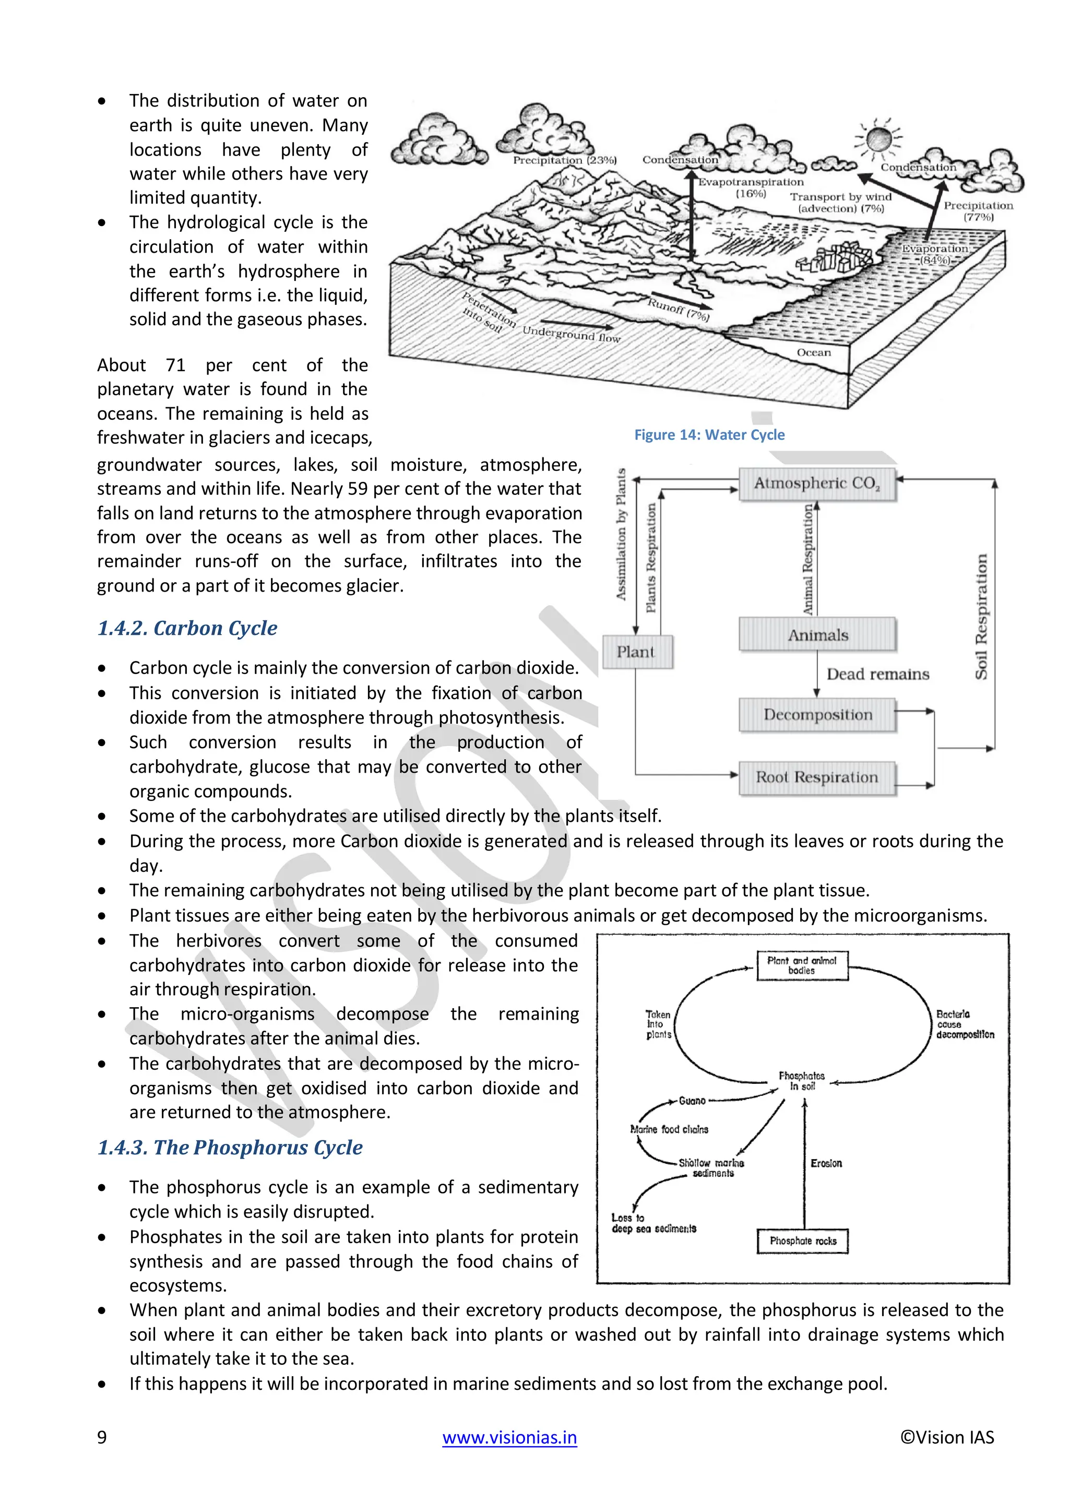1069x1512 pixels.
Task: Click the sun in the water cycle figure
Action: [877, 139]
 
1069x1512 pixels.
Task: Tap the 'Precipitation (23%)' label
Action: [564, 160]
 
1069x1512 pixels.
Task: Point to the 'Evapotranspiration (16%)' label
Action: [751, 187]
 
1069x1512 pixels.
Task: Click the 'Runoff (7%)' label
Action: [678, 310]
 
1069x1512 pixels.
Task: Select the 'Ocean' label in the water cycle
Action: [814, 352]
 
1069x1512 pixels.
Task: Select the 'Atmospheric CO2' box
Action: [817, 484]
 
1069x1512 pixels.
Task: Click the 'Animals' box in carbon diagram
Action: [817, 635]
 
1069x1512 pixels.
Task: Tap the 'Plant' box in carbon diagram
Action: [636, 652]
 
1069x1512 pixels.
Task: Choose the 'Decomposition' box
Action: [817, 715]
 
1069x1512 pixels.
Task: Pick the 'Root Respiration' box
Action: [817, 778]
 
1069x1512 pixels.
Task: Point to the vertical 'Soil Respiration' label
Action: [981, 617]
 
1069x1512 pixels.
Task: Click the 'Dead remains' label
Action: [877, 675]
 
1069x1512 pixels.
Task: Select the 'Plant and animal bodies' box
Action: [802, 965]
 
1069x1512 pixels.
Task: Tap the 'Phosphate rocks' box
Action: [802, 1241]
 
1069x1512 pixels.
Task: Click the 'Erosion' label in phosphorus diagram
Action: [826, 1164]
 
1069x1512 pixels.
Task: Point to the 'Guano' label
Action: [692, 1101]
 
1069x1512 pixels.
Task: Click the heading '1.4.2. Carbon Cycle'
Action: [187, 628]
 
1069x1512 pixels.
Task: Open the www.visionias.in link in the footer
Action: [509, 1437]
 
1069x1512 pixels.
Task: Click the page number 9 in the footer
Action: [102, 1437]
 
